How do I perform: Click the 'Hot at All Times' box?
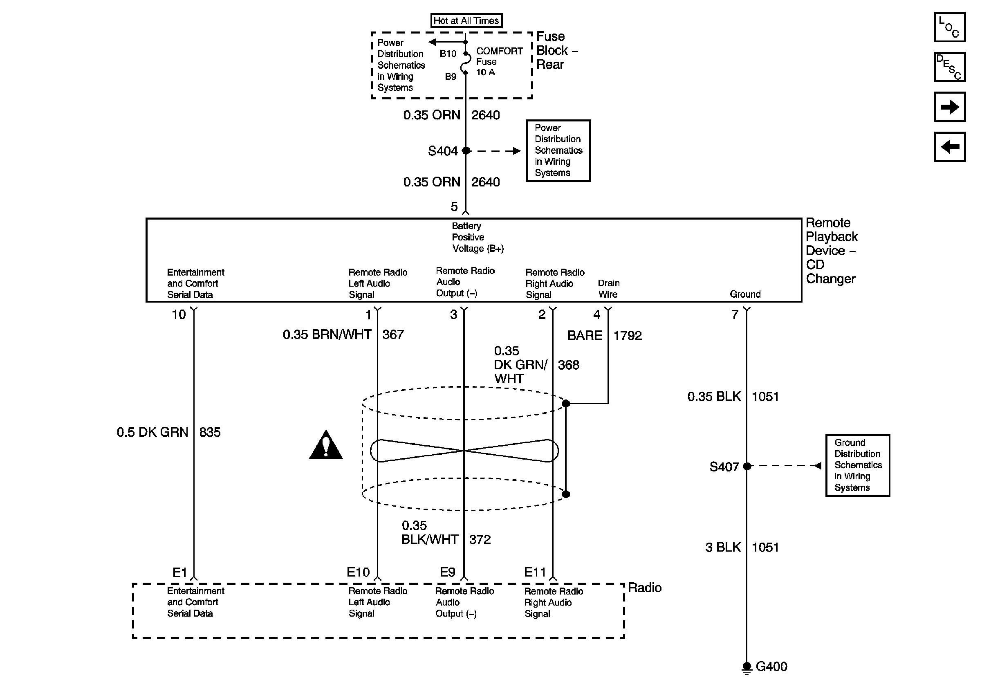466,20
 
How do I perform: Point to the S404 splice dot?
466,150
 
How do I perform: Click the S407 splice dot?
747,466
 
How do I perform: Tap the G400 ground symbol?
747,668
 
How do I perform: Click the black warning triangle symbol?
326,444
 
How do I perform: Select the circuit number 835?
210,432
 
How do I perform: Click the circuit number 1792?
628,336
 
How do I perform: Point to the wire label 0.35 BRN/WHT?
327,334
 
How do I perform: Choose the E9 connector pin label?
447,572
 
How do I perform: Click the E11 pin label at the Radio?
535,572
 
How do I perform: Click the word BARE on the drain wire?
585,336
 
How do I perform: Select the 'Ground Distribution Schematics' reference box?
858,466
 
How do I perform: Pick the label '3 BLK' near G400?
723,548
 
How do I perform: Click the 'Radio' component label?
645,588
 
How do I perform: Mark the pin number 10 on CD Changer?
179,315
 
